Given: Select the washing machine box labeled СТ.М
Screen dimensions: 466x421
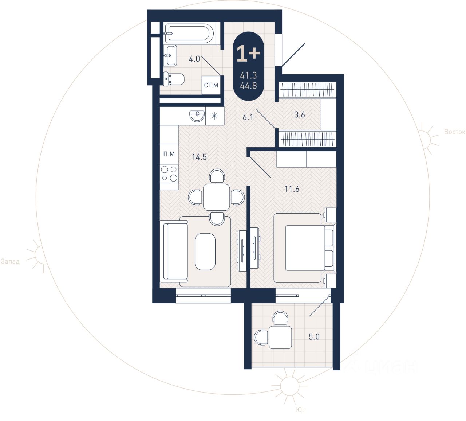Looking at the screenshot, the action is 211,85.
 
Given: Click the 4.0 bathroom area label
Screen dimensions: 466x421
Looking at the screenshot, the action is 194,59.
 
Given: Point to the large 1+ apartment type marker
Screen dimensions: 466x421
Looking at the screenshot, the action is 248,54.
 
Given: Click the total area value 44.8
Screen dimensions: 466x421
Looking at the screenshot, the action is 248,86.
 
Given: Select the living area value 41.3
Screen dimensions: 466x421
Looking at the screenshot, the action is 248,75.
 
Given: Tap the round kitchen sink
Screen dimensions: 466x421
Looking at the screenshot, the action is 197,116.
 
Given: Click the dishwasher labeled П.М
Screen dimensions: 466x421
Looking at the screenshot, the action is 169,154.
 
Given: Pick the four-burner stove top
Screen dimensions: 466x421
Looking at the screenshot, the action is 169,174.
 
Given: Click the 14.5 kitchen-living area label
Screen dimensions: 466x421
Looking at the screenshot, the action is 199,157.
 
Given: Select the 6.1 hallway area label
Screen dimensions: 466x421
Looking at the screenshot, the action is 248,117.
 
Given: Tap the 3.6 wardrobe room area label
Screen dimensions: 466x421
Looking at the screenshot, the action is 299,114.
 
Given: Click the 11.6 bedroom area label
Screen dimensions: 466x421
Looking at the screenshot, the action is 292,189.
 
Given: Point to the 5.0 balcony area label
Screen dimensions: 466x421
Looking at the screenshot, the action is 314,336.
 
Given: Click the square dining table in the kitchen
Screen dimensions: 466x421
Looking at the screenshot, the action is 217,197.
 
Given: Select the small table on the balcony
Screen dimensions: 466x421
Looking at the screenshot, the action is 280,337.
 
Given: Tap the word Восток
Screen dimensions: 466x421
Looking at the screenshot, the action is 455,132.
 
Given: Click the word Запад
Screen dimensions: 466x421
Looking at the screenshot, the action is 10,261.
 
